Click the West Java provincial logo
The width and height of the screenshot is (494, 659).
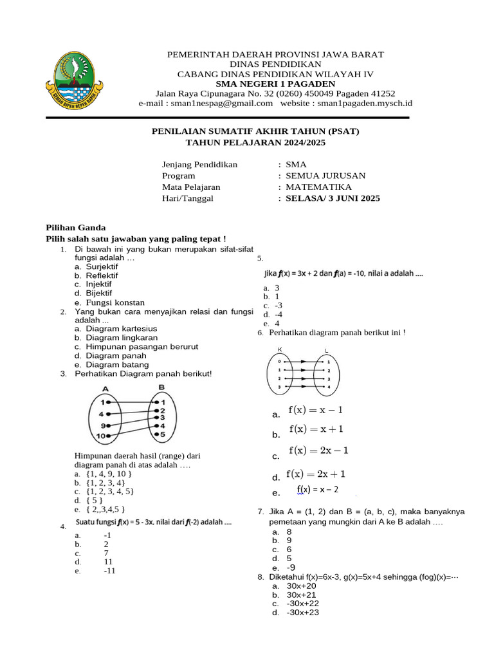(x=76, y=82)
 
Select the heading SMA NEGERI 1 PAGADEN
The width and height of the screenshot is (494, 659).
(x=275, y=84)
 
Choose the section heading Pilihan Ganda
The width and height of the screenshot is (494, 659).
(x=71, y=227)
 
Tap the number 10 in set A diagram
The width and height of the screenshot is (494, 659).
(x=101, y=436)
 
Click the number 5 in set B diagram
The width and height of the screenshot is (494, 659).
(x=163, y=434)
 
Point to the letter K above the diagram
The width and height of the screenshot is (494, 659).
(x=280, y=350)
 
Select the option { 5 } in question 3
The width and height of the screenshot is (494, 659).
(x=94, y=499)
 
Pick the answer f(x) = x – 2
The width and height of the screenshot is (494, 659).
(x=317, y=490)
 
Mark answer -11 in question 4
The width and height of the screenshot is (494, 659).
(x=108, y=570)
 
